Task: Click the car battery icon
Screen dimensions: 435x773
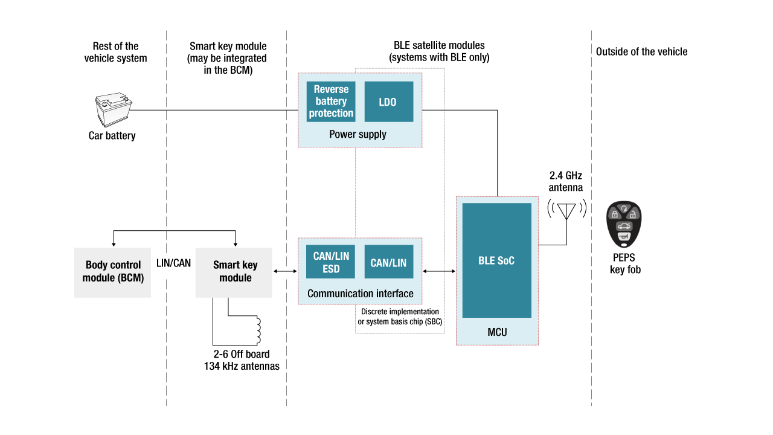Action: pos(114,110)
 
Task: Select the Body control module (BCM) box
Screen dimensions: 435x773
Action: pos(112,272)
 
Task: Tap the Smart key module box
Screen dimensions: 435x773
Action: pos(234,272)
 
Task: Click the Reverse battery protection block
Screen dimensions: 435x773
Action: pos(331,101)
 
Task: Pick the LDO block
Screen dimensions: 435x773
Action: pos(388,102)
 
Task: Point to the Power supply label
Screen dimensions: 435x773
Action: pos(358,134)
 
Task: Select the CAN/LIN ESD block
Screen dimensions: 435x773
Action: pos(330,262)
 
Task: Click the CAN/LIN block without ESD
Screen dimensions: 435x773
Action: pos(388,262)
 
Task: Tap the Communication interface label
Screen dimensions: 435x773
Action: pos(360,294)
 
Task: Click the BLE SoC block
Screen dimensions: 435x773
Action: pos(496,260)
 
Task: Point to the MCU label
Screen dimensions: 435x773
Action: pos(496,332)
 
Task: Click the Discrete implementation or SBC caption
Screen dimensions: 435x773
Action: pos(400,317)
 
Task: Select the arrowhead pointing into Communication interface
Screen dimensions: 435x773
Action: pos(425,271)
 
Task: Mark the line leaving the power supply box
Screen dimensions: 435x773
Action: pos(433,110)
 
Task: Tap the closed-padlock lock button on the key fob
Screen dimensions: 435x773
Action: pos(614,214)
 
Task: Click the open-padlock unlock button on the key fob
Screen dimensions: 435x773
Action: pos(632,214)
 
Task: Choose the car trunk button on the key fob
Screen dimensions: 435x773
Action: pos(624,227)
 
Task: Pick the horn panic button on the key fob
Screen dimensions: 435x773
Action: pos(623,237)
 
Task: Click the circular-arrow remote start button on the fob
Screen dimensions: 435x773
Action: pos(623,208)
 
